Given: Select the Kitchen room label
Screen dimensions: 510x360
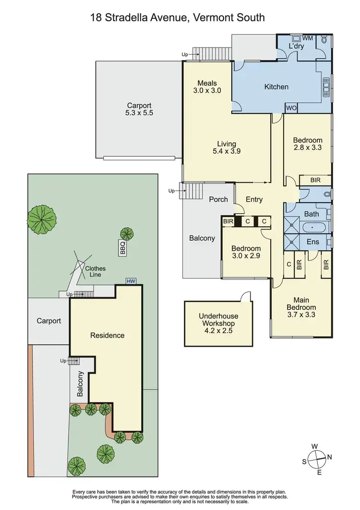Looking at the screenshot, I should tap(276, 87).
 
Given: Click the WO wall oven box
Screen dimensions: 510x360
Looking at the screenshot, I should tap(291, 109).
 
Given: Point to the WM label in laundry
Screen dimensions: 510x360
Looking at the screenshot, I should tap(308, 37).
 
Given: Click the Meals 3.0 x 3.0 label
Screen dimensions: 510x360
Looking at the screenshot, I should tap(207, 86).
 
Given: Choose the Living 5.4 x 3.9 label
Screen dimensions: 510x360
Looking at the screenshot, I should tap(226, 147).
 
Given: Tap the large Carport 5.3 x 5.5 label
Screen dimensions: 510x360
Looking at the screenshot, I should tap(139, 109).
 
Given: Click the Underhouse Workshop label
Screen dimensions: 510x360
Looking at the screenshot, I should tap(218, 323).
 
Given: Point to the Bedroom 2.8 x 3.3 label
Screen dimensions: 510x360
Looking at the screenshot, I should tap(307, 144).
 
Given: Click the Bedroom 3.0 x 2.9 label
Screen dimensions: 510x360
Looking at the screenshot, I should tap(246, 252).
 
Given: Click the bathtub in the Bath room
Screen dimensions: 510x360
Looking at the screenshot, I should tap(312, 226).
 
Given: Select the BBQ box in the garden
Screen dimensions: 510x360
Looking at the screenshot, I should tap(122, 248).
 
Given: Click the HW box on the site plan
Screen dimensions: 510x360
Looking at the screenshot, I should tap(130, 281).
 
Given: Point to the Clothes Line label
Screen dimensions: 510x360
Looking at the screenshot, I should tap(95, 272).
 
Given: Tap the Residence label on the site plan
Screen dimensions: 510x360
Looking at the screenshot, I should tap(107, 335).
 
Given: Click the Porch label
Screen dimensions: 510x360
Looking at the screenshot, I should tap(218, 199).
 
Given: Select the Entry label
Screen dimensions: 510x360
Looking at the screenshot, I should tap(254, 199).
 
